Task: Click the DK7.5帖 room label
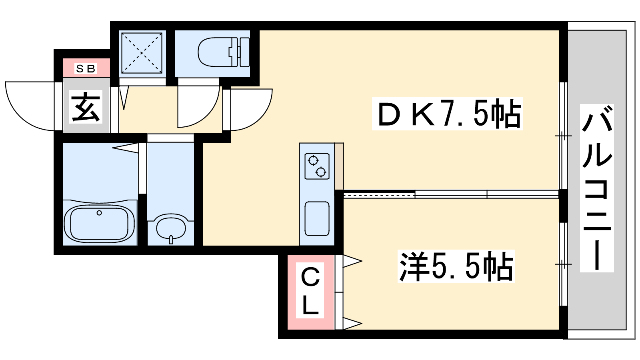point(448,114)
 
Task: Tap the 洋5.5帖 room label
point(456,266)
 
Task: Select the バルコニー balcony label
point(597,188)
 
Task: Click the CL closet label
point(310,290)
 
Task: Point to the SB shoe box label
point(86,68)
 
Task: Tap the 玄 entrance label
point(86,106)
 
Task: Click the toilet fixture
point(224,52)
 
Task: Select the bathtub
point(99,224)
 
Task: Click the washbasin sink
point(171,228)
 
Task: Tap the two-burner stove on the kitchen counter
point(317,166)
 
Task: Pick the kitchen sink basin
point(317,218)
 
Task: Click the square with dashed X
point(142,53)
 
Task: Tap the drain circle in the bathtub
point(99,213)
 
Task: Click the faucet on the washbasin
point(171,240)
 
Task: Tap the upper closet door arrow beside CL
point(352,261)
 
